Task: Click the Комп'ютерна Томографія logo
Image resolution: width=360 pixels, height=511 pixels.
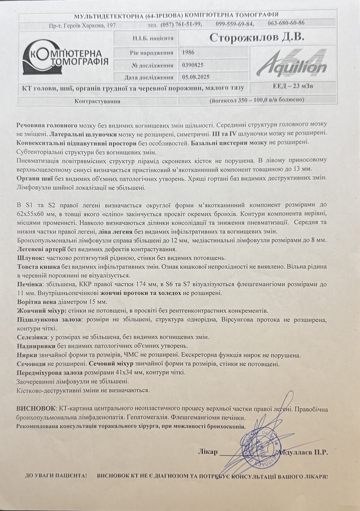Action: coord(64,58)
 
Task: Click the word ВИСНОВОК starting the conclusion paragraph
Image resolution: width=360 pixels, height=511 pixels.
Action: coord(35,409)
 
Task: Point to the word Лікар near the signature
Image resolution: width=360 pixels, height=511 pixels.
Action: coord(207,453)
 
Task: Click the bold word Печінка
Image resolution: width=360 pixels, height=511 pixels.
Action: coord(30,284)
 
